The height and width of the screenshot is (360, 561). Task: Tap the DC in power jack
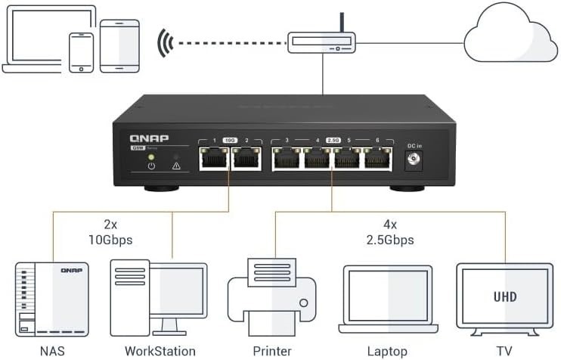pyautogui.click(x=414, y=160)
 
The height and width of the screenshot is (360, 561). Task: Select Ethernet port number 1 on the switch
pyautogui.click(x=214, y=159)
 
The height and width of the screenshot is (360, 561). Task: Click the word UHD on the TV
pyautogui.click(x=504, y=296)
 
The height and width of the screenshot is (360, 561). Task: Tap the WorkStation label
pyautogui.click(x=160, y=351)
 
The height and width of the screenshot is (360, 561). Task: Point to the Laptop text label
pyautogui.click(x=386, y=351)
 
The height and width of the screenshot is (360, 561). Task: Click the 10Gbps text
pyautogui.click(x=110, y=241)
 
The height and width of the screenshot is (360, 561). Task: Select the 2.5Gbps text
pyautogui.click(x=387, y=241)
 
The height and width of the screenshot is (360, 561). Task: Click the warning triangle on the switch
pyautogui.click(x=175, y=164)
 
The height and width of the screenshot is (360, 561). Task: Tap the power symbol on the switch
pyautogui.click(x=151, y=164)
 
